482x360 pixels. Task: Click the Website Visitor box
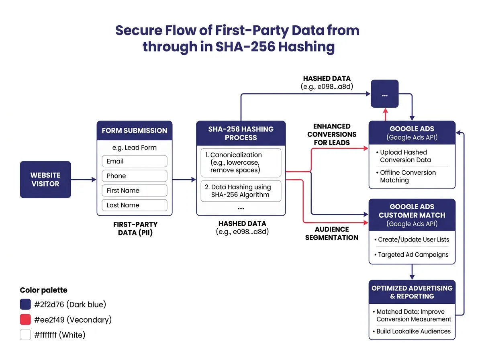(x=45, y=180)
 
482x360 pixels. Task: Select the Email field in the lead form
(x=134, y=161)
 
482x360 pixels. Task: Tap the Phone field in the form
(x=134, y=176)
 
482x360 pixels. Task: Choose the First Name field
(x=134, y=190)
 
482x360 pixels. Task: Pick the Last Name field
(x=134, y=205)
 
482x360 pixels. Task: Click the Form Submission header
(x=134, y=131)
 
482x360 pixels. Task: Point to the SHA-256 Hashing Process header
(x=241, y=133)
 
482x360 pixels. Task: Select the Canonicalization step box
(x=241, y=163)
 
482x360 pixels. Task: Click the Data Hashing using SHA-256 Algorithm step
(x=241, y=191)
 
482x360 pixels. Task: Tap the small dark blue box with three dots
(x=384, y=94)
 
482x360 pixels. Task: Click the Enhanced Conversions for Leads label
(x=332, y=134)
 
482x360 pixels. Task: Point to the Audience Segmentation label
(x=332, y=233)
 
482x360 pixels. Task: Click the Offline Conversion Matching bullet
(x=407, y=176)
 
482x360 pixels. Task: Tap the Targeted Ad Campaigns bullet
(x=413, y=255)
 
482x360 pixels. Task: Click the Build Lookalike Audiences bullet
(x=413, y=331)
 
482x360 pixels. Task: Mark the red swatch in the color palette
(x=25, y=320)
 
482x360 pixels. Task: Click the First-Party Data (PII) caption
(x=135, y=228)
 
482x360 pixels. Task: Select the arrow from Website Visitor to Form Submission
(x=84, y=180)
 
